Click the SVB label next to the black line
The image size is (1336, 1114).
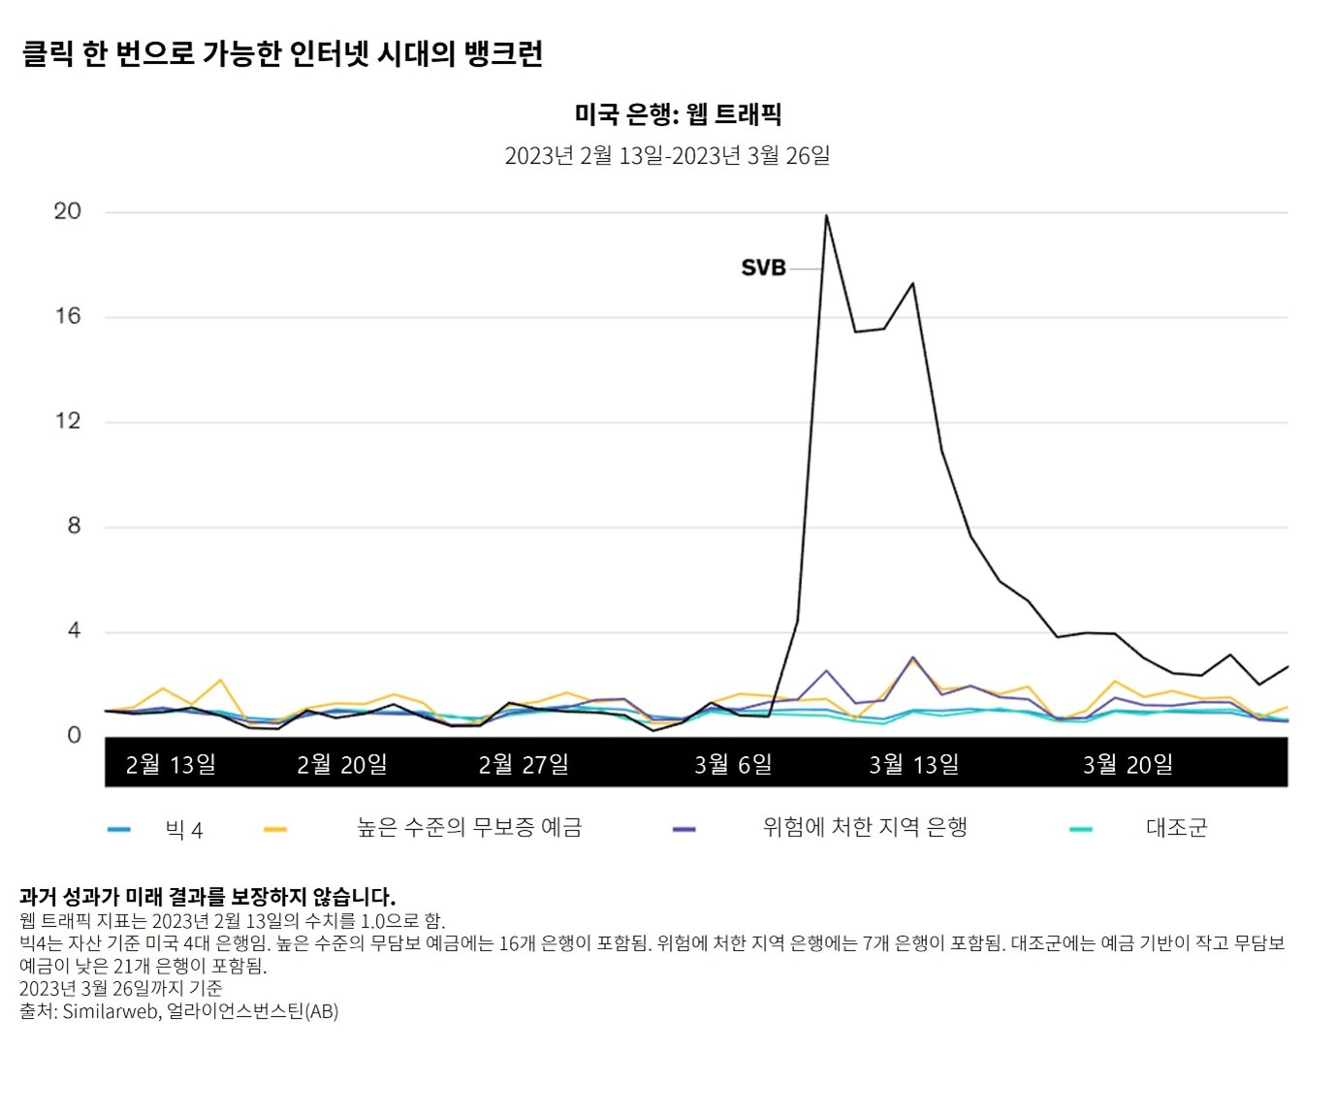763,268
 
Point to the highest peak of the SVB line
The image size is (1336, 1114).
826,215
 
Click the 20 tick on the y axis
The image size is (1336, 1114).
67,211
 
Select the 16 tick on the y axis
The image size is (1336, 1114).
67,316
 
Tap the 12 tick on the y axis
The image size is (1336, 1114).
67,421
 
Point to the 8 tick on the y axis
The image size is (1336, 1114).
74,526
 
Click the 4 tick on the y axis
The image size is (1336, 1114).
74,631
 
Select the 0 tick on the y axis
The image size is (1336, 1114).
74,736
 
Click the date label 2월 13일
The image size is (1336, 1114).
171,764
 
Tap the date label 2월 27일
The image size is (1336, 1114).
524,764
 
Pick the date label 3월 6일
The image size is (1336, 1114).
733,764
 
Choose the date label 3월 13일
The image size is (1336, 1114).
913,764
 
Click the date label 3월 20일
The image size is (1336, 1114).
1128,764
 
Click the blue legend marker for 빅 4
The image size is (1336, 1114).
118,830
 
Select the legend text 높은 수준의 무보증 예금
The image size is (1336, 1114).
469,828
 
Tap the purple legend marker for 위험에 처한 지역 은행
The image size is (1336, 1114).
684,830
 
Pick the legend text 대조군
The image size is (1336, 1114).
1176,828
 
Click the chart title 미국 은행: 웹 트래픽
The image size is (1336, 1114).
678,114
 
